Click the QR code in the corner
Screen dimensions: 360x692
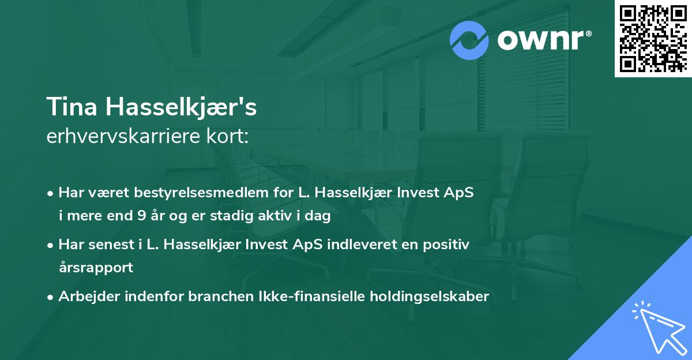click(x=653, y=39)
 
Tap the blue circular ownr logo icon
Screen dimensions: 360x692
click(x=469, y=40)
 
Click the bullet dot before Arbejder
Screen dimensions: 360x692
click(x=51, y=297)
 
